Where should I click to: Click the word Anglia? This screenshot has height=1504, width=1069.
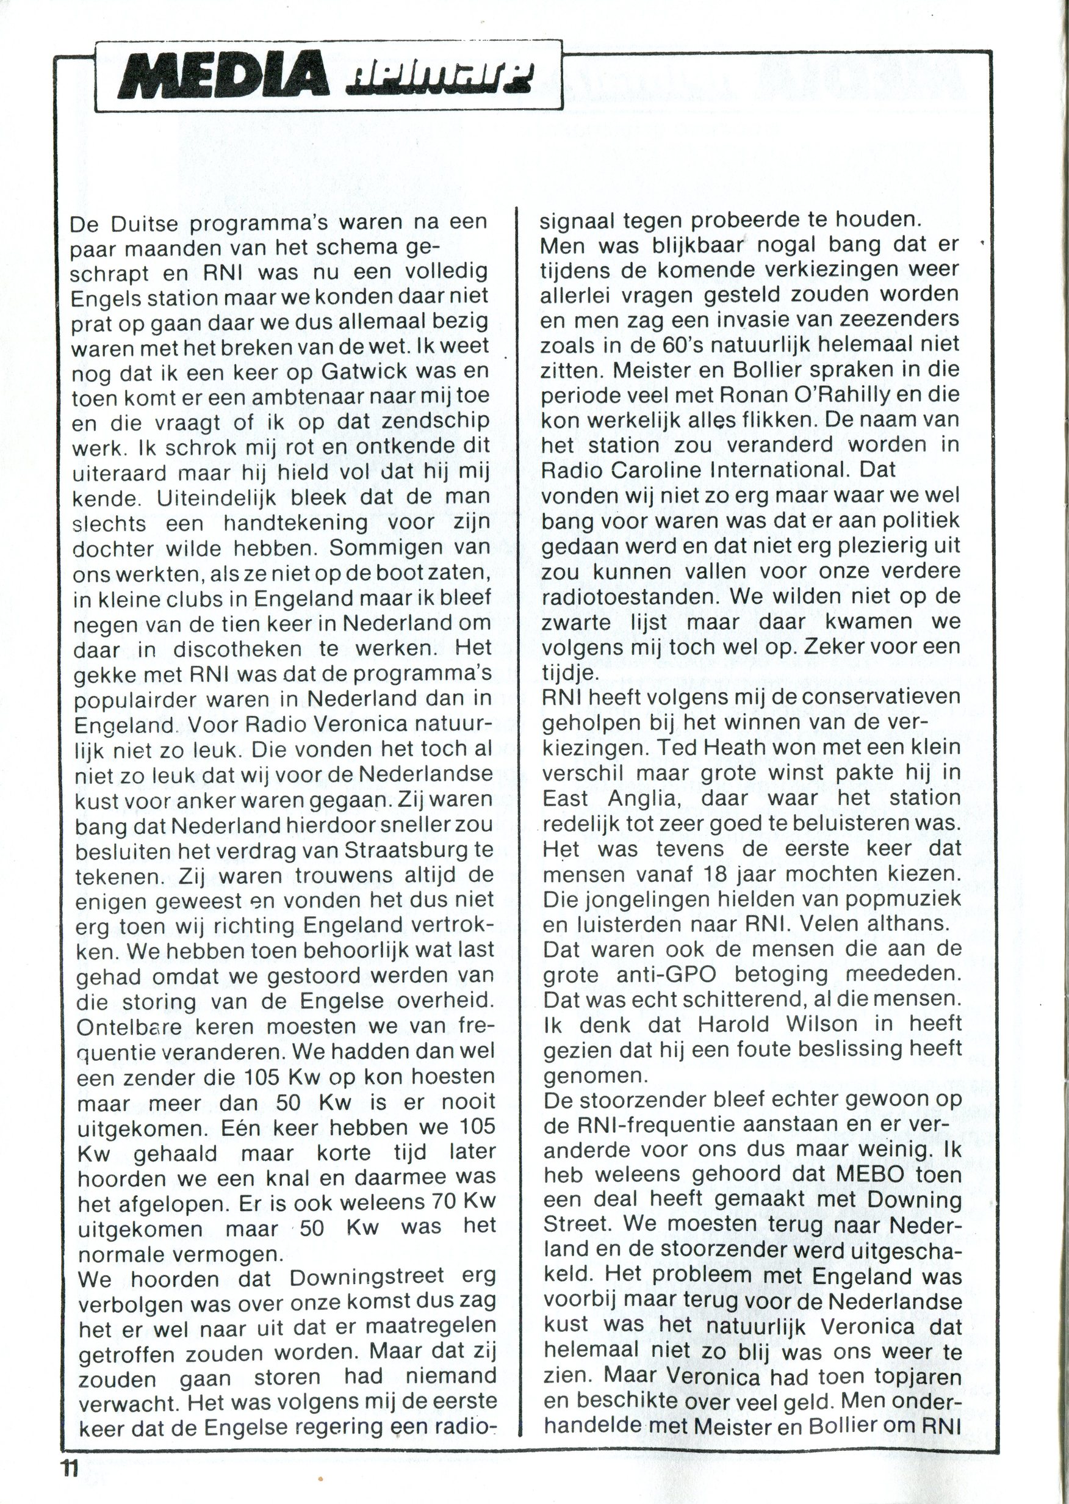(642, 798)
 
